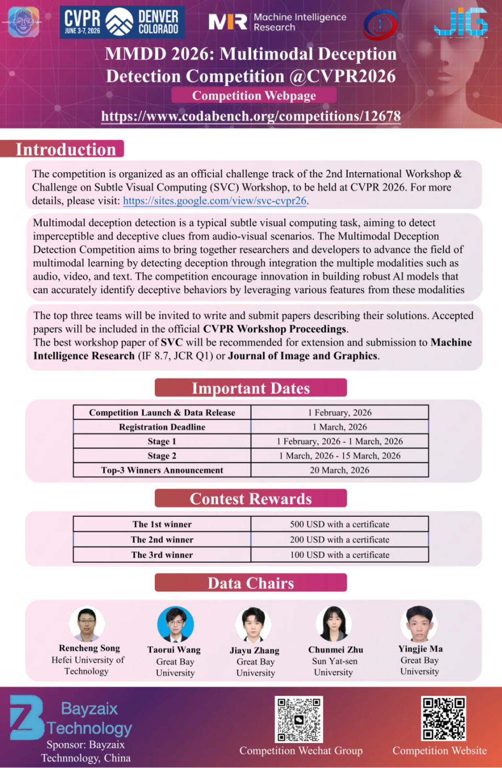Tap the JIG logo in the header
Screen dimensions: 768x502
tap(461, 23)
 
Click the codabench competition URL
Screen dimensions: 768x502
tap(251, 116)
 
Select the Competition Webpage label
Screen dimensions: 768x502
tap(254, 95)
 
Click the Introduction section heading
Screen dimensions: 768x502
tap(65, 149)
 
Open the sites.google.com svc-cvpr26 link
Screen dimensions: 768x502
tap(214, 201)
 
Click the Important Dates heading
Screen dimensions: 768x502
tap(250, 388)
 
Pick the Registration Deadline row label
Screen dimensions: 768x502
tap(162, 427)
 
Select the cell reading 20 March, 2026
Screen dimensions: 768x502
tap(339, 470)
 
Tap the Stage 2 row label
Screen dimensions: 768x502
tap(162, 455)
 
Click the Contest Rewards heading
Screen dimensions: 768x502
tap(250, 498)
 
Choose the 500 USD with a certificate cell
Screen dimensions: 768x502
tap(339, 524)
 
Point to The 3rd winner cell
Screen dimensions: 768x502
tap(162, 554)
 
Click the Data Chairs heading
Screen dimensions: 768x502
tap(250, 583)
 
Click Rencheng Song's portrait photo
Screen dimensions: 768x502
tap(87, 624)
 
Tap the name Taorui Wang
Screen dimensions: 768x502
tap(174, 650)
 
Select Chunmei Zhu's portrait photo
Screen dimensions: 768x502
tap(334, 624)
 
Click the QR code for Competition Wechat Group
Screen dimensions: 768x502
tap(299, 719)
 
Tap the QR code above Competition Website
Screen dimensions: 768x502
tap(443, 718)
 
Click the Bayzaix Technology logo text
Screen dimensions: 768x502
tap(89, 718)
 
